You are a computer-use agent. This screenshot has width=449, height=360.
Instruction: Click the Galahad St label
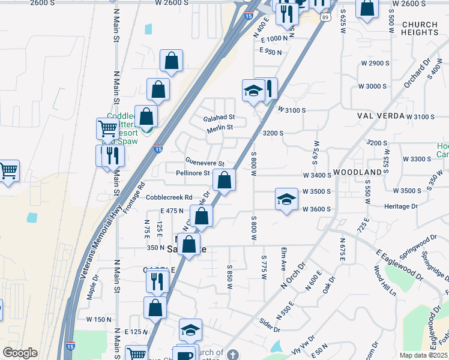pos(219,118)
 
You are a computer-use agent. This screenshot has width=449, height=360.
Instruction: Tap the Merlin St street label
pos(220,128)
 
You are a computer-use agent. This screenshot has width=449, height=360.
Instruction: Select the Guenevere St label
pos(205,163)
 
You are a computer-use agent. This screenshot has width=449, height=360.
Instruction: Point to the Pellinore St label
pos(193,173)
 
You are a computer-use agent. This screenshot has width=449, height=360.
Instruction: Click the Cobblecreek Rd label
pos(169,197)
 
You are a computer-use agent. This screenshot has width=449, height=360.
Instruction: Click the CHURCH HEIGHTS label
pos(420,29)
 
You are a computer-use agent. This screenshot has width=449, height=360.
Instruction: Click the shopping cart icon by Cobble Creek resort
pos(107,128)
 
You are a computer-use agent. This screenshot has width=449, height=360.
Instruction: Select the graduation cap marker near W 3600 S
pos(287,199)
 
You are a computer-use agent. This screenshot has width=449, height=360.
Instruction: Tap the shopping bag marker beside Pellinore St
pos(224,179)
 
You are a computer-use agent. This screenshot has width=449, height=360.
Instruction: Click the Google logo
pos(20,353)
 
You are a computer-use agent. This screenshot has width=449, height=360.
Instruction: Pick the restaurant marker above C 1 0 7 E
pos(155,280)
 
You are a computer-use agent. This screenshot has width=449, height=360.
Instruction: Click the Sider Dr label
pos(270,326)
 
